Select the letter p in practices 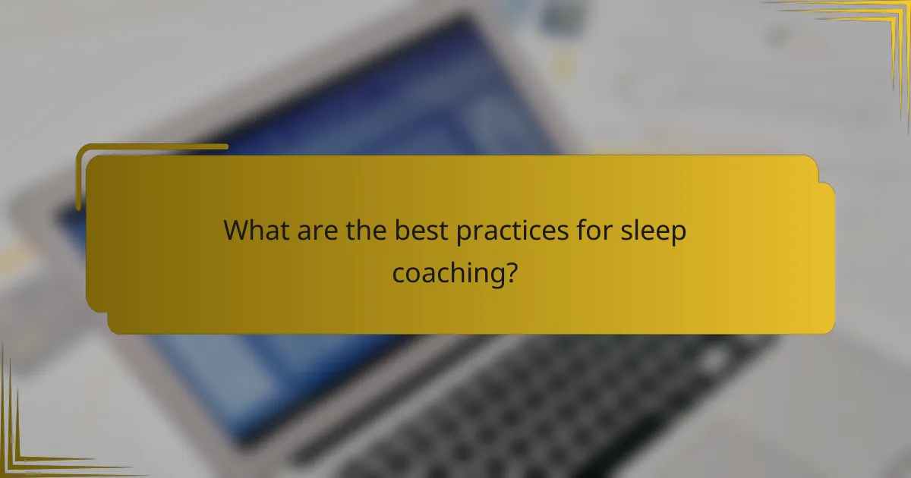465,235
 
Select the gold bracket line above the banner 152,146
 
